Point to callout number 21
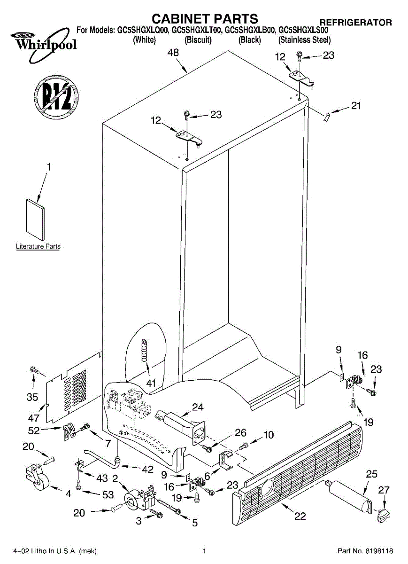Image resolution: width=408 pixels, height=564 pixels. pos(356,106)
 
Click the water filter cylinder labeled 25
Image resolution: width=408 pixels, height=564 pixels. pos(350,494)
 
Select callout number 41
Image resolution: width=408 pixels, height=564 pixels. pos(151,383)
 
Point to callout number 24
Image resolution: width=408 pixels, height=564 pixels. pos(198,407)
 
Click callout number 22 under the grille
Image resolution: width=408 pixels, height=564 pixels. pos(300,517)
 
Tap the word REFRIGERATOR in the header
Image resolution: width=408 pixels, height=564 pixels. pos(355,22)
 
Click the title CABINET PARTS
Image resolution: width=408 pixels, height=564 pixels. pos(205,18)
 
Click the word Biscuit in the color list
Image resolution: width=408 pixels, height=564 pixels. pos(198,40)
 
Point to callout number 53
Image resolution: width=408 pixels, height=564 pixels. pos(108,494)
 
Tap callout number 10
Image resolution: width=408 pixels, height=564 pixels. pos(268,435)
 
